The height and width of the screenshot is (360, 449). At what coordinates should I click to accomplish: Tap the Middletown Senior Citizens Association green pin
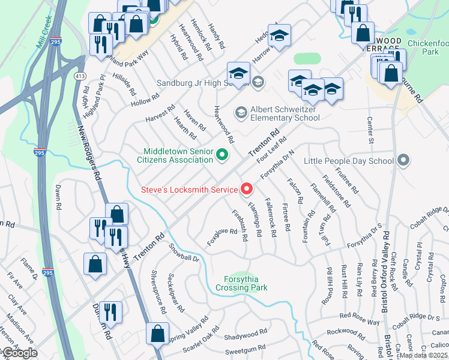222,156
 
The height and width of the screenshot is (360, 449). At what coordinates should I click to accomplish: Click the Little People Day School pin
403,161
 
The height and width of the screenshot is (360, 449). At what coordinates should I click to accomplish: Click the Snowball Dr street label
183,254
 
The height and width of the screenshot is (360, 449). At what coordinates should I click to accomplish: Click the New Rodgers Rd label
89,156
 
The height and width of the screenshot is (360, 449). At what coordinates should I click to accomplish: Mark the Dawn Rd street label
58,196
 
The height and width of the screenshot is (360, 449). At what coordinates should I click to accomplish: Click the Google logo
19,353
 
